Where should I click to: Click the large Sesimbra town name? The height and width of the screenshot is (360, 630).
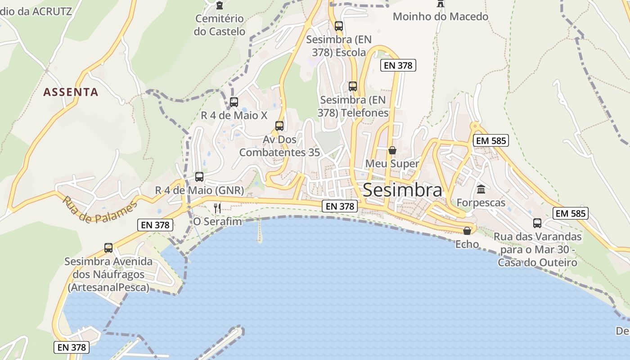pos(402,190)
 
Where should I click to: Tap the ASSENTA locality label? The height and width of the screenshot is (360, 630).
pos(71,92)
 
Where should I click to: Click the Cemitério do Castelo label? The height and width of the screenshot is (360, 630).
pos(220,25)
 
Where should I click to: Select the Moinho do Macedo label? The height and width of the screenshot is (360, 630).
pos(441,17)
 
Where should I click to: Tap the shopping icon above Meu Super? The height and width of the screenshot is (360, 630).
pos(392,150)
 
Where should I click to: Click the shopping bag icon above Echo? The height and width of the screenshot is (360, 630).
pos(467,231)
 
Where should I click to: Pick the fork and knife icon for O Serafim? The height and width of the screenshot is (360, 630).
pos(217,208)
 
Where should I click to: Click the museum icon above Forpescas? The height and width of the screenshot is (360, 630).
pos(481,189)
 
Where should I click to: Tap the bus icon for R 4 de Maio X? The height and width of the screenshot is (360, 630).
pos(234,102)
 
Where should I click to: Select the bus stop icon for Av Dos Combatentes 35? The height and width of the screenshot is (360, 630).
pos(279,126)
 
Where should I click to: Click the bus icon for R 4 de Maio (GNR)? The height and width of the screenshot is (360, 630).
pos(199,177)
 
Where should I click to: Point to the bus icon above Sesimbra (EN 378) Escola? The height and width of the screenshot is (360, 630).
pos(339,26)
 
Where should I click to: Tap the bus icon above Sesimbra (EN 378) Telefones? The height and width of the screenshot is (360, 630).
pos(353,86)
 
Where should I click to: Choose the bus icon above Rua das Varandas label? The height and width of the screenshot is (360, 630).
pos(537,223)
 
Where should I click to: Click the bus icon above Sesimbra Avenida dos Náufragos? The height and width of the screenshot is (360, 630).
pos(108,248)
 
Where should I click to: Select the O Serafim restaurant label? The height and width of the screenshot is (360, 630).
pos(217,221)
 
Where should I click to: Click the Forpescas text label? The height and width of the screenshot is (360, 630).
pos(481,202)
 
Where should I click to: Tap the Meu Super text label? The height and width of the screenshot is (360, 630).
pos(392,163)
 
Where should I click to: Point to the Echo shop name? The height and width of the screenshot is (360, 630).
pos(467,244)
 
